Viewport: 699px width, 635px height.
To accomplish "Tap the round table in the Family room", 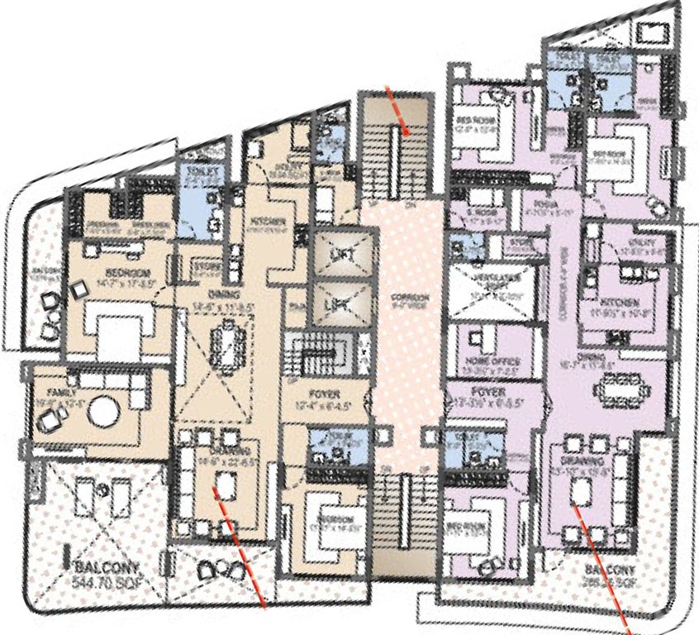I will click(105, 411).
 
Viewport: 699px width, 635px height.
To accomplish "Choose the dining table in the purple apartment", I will click(621, 385).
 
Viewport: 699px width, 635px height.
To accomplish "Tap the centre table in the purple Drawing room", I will click(581, 492).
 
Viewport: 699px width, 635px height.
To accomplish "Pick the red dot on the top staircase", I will click(407, 129).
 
